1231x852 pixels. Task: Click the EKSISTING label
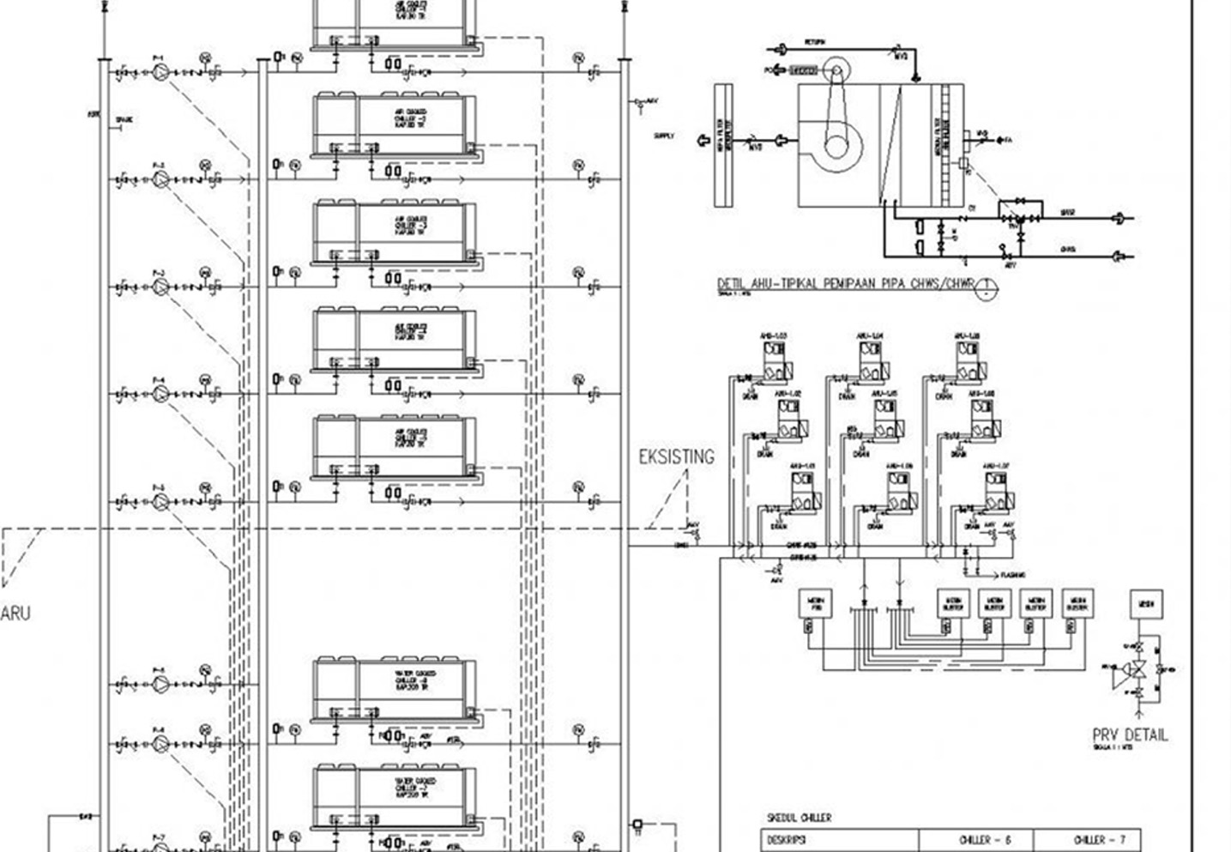point(676,456)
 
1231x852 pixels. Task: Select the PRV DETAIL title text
point(1130,734)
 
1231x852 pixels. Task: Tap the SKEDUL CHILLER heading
point(799,818)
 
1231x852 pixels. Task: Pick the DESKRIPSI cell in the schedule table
point(786,840)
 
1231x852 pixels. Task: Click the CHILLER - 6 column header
point(975,840)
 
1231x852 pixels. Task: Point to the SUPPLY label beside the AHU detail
point(664,136)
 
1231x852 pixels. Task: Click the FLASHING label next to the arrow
point(1012,575)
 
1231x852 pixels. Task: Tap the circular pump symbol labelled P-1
point(160,73)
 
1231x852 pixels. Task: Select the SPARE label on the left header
point(124,121)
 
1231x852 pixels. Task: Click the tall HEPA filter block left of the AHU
point(723,145)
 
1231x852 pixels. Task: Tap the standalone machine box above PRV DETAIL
point(1146,604)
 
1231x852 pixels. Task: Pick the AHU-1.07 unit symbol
point(998,492)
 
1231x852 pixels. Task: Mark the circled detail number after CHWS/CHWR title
point(987,287)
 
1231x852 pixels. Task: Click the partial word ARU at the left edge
point(15,613)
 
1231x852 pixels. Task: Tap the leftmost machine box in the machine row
point(815,604)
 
